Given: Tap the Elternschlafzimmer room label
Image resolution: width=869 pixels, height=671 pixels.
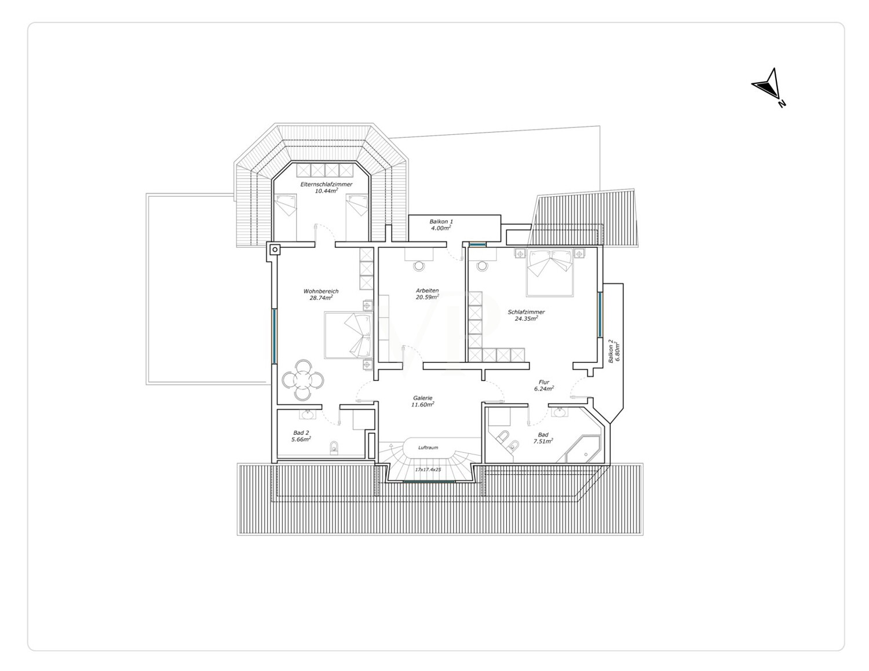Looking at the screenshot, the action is pyautogui.click(x=326, y=184).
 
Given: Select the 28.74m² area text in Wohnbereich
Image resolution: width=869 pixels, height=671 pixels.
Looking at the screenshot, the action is pyautogui.click(x=321, y=298).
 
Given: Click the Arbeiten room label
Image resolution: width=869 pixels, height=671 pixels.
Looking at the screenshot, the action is pyautogui.click(x=427, y=291).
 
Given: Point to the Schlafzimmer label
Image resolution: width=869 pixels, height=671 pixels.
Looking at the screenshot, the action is pyautogui.click(x=526, y=312).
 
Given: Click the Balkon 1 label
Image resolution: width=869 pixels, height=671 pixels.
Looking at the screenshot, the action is pyautogui.click(x=441, y=221).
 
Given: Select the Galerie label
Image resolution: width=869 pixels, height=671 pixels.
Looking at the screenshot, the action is pyautogui.click(x=423, y=398).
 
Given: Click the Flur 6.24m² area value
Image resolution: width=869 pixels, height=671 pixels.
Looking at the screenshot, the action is pyautogui.click(x=544, y=388).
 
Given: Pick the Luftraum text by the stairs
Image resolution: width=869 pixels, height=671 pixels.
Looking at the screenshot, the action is pyautogui.click(x=428, y=448).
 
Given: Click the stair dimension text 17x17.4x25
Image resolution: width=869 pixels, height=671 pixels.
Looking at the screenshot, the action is pyautogui.click(x=428, y=470).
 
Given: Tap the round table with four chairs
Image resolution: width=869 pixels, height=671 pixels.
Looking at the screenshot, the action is pyautogui.click(x=303, y=380).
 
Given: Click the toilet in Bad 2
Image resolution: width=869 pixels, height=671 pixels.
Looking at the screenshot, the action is pyautogui.click(x=334, y=449).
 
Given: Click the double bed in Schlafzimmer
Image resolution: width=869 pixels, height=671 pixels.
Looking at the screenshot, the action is pyautogui.click(x=550, y=272).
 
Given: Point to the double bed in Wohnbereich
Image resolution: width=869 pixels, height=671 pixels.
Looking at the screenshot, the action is pyautogui.click(x=348, y=335).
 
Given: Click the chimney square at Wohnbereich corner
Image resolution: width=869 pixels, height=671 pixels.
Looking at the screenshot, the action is pyautogui.click(x=275, y=250).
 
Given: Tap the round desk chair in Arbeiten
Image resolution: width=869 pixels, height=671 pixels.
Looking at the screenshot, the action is pyautogui.click(x=419, y=266).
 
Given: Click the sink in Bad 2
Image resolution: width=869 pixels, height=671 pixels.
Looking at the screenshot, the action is pyautogui.click(x=308, y=415).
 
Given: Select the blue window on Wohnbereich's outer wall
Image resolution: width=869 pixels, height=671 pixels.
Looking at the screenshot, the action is pyautogui.click(x=275, y=336).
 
